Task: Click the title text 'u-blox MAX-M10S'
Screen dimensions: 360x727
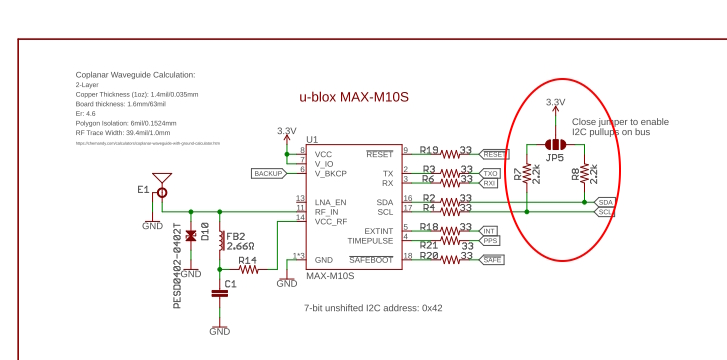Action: [x=354, y=97]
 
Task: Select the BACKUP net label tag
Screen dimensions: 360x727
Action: [x=268, y=173]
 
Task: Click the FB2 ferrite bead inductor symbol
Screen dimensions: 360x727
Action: [x=219, y=242]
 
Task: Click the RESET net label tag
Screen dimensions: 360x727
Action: [x=496, y=155]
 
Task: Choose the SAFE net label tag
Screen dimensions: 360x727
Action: [x=493, y=260]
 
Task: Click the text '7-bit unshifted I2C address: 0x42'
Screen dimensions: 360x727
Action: [x=372, y=307]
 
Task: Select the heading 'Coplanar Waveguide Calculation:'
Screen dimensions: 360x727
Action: [x=135, y=74]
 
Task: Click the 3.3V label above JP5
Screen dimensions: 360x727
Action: [x=555, y=102]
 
